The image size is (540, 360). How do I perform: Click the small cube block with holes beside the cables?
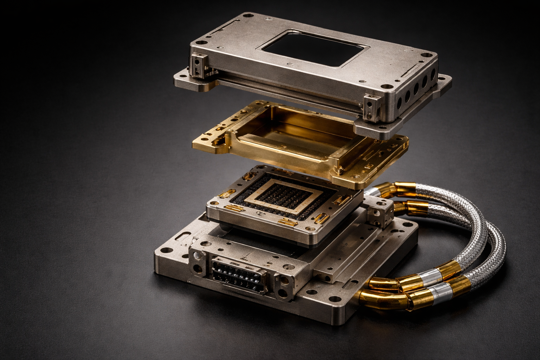click(x=380, y=212)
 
